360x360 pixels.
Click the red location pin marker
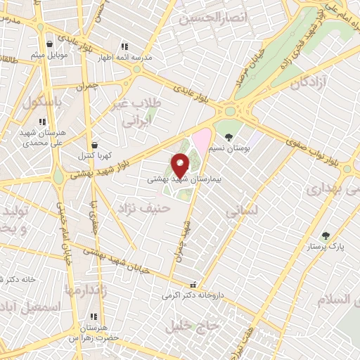coord(181,165)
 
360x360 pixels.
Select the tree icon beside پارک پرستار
coord(323,236)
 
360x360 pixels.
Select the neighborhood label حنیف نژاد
coord(145,208)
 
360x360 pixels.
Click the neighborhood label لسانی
coord(242,210)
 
